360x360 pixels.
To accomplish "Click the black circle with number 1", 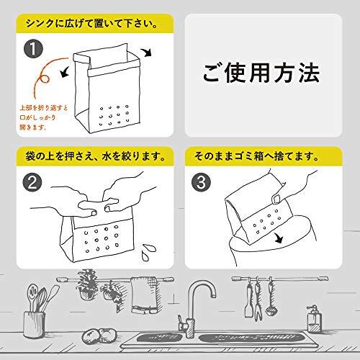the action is coord(33,49).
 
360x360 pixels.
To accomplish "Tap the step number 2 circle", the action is coord(32,182).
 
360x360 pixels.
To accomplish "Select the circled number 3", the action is coord(201,182).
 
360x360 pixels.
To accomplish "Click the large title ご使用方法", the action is coord(261,73).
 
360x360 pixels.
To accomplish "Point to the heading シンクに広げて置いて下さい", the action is coord(91,24).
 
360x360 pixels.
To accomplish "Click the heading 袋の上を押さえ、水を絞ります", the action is coord(95,156).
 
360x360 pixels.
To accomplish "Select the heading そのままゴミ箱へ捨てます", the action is coord(256,156).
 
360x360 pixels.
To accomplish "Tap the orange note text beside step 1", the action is coord(44,117).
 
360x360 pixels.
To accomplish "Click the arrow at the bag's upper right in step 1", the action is coord(146,52).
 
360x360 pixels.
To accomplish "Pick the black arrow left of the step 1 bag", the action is coord(64,72).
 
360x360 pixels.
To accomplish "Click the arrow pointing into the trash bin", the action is coord(279,238).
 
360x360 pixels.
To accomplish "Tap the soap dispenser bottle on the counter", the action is coord(314,319).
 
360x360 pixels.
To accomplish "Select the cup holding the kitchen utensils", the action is coord(34,325).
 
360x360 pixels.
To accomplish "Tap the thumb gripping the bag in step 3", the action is coord(276,199).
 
